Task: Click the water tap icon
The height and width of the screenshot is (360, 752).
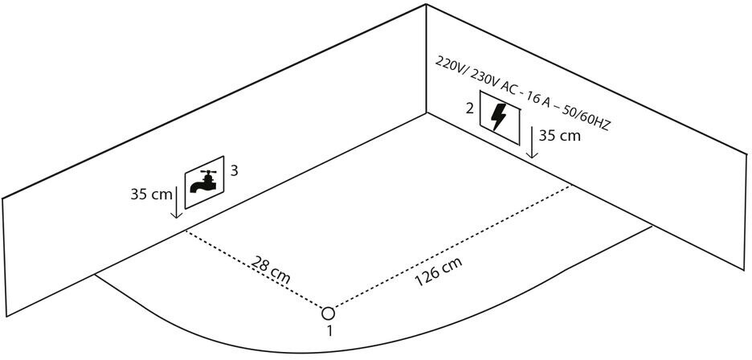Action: click(x=203, y=183)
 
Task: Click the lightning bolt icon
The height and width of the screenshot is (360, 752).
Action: click(x=498, y=117)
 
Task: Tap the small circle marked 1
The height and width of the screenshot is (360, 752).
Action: click(x=329, y=313)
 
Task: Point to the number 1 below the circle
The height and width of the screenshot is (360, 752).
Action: click(x=329, y=331)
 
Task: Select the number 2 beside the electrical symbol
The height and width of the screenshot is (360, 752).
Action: click(x=469, y=108)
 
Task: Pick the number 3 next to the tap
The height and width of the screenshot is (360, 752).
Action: click(x=234, y=170)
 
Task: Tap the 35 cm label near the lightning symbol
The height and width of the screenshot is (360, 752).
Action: click(x=559, y=137)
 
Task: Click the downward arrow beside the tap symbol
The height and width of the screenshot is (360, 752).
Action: click(x=175, y=205)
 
